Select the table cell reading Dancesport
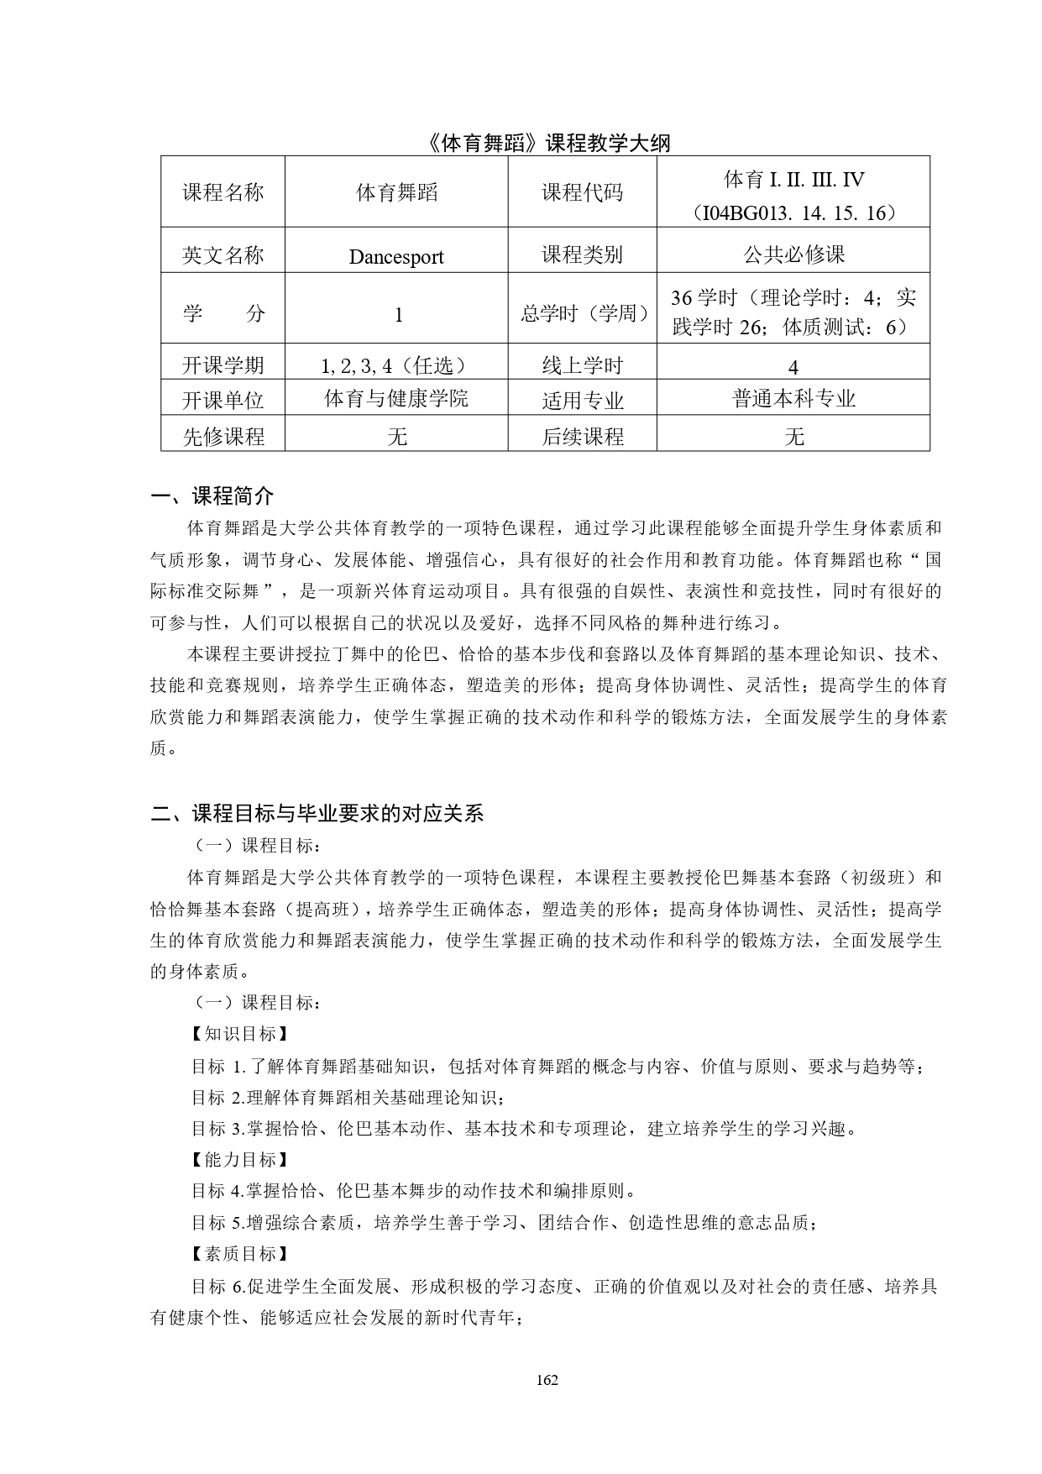[396, 257]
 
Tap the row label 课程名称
[223, 192]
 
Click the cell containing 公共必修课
[793, 254]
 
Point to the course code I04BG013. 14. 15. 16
[793, 212]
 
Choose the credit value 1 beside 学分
[398, 315]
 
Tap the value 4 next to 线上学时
[793, 366]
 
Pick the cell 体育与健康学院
[396, 398]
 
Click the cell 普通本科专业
[793, 398]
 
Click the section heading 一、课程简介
[212, 496]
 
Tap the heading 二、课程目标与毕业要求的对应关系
[317, 813]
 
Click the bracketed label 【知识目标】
[239, 1034]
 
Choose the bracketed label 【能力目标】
[239, 1160]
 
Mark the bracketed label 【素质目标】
[239, 1254]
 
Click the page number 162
[547, 1380]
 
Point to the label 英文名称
[223, 255]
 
